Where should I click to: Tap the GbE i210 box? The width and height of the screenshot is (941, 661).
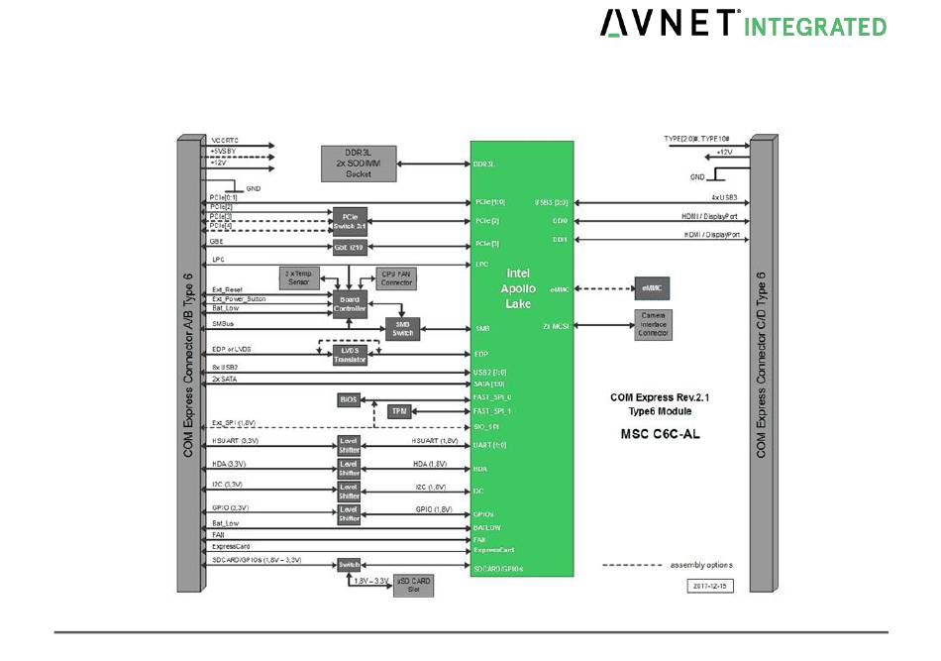[344, 247]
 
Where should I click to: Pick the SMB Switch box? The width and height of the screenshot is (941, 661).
[402, 329]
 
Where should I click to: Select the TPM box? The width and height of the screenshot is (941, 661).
[399, 410]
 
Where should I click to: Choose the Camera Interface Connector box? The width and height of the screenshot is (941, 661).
[653, 324]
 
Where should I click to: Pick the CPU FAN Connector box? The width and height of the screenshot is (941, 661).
[394, 278]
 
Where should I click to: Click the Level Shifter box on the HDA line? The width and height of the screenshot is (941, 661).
[349, 468]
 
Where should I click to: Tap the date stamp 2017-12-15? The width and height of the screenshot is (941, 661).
[709, 586]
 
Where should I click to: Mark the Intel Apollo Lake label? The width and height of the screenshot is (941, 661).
[519, 287]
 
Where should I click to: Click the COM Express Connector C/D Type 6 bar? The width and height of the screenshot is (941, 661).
[763, 366]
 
